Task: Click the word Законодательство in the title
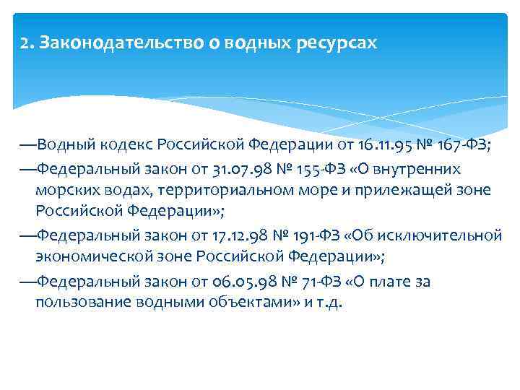112,43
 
